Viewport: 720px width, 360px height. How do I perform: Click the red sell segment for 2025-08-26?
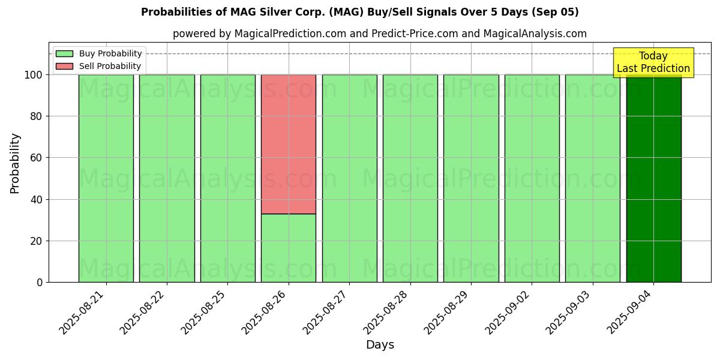[x=288, y=144]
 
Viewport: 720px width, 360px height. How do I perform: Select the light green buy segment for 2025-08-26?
[x=288, y=248]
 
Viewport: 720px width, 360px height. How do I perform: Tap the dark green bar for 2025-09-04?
[x=653, y=180]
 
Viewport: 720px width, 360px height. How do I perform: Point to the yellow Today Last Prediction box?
[x=653, y=62]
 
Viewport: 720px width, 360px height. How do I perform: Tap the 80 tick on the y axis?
[x=37, y=116]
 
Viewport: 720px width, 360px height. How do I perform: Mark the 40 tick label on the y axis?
[x=37, y=200]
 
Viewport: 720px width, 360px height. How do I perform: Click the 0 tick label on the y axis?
[x=40, y=283]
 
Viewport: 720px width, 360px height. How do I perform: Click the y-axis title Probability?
[x=15, y=163]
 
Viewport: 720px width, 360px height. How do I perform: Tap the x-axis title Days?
[x=380, y=345]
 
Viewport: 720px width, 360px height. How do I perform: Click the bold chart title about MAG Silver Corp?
[x=360, y=12]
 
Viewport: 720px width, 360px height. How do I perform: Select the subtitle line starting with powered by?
[x=380, y=34]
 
